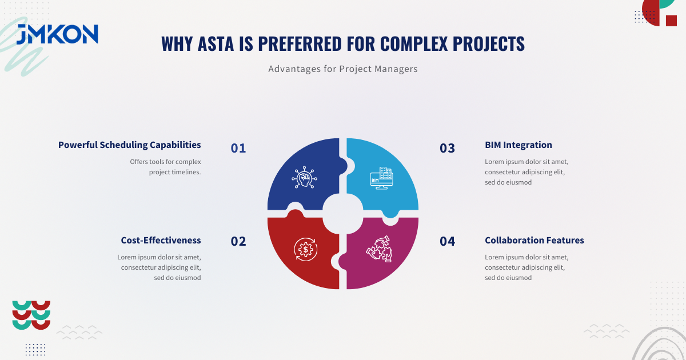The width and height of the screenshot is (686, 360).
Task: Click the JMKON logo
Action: click(x=57, y=34)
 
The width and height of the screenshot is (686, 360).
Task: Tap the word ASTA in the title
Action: click(x=216, y=43)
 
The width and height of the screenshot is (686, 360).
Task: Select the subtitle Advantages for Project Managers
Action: click(x=343, y=69)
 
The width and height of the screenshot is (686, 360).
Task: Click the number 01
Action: click(x=238, y=148)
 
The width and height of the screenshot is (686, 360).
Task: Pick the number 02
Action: click(x=238, y=241)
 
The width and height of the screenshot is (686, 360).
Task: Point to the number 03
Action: click(x=447, y=148)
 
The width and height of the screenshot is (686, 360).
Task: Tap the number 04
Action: click(x=447, y=241)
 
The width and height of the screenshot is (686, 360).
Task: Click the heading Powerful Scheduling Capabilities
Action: click(x=130, y=145)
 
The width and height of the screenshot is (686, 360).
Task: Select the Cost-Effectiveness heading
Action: click(x=161, y=241)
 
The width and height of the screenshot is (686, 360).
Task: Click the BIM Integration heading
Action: click(x=518, y=145)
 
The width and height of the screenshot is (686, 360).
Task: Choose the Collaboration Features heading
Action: click(x=534, y=241)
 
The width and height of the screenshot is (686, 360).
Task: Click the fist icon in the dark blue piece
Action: click(x=304, y=177)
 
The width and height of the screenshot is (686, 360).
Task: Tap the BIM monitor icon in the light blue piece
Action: click(x=381, y=178)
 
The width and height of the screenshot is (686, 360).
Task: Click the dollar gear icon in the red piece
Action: click(x=306, y=250)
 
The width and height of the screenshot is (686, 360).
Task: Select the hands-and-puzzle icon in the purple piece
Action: click(x=380, y=249)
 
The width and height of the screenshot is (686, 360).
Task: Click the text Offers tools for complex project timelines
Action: click(x=165, y=167)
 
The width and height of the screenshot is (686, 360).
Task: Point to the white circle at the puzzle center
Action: click(x=343, y=214)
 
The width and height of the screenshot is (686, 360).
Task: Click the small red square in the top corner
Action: click(x=671, y=21)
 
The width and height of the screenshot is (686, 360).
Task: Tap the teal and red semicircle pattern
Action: click(x=31, y=315)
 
